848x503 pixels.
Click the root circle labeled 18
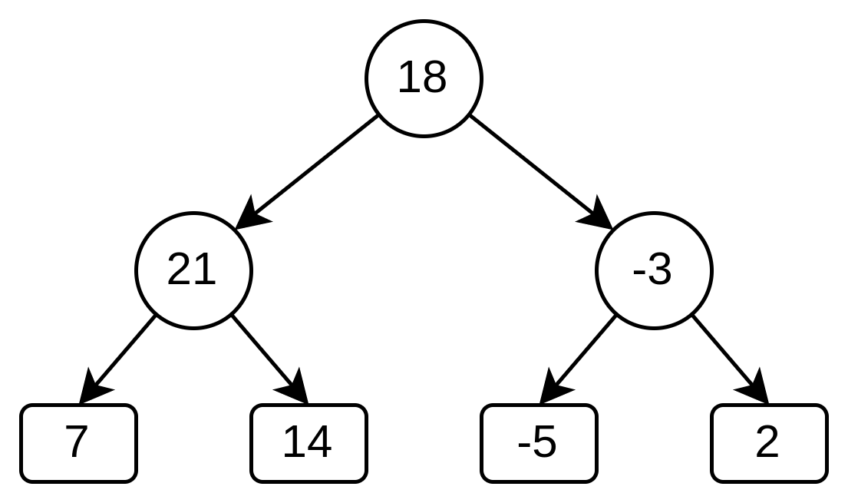pyautogui.click(x=424, y=78)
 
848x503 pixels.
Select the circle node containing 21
pyautogui.click(x=193, y=270)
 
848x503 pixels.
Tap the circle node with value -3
pyautogui.click(x=654, y=270)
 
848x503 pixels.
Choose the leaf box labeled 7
pyautogui.click(x=78, y=443)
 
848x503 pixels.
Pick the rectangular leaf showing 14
pyautogui.click(x=309, y=443)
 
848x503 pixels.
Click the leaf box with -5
pyautogui.click(x=539, y=443)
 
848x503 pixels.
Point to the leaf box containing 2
pyautogui.click(x=769, y=443)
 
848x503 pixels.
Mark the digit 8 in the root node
pyautogui.click(x=434, y=78)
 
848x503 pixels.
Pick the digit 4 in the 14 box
pyautogui.click(x=319, y=443)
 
